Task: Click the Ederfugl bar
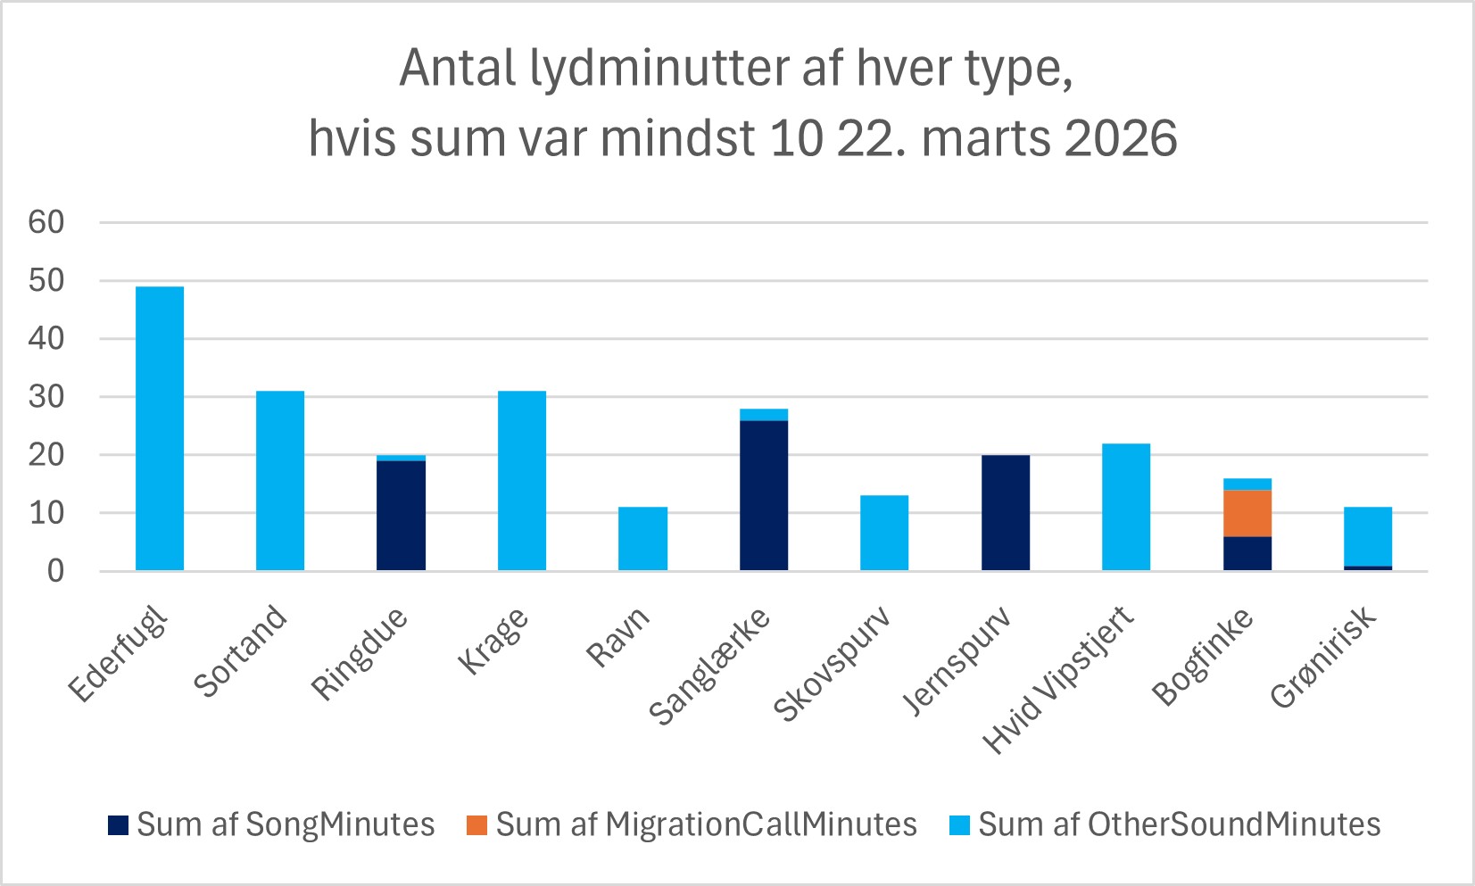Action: pyautogui.click(x=160, y=428)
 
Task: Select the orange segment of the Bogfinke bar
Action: pyautogui.click(x=1247, y=513)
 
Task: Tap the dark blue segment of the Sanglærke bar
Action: pyautogui.click(x=764, y=495)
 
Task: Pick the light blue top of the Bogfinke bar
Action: pyautogui.click(x=1247, y=484)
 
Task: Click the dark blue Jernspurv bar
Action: pyautogui.click(x=1006, y=513)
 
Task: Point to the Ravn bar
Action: pyautogui.click(x=642, y=539)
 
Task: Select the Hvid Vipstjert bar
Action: pyautogui.click(x=1126, y=507)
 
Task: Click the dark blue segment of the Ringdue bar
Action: pyautogui.click(x=401, y=516)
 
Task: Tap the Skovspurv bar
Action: pyautogui.click(x=884, y=533)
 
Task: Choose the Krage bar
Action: pyautogui.click(x=522, y=481)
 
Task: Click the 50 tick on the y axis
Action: pyautogui.click(x=46, y=280)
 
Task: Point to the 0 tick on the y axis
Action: pyautogui.click(x=55, y=571)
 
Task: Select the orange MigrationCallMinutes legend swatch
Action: pyautogui.click(x=477, y=825)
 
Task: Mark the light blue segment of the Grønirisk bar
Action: pyautogui.click(x=1368, y=536)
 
